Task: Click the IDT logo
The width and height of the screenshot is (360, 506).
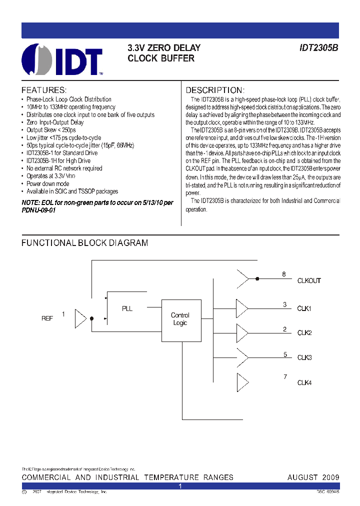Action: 62,59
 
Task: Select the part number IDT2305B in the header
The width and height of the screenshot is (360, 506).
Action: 318,48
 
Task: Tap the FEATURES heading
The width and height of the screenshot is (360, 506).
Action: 43,90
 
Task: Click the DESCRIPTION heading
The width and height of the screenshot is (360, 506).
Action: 214,90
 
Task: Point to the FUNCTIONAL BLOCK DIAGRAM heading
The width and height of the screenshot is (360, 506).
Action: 84,243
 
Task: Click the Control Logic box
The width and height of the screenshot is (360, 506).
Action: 180,320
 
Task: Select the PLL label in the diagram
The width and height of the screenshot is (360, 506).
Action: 127,308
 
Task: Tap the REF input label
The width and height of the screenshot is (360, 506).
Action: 47,318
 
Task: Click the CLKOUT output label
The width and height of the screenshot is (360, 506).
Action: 309,281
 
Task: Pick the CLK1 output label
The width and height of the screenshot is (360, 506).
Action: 304,308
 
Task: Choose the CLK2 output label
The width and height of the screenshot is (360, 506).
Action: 304,333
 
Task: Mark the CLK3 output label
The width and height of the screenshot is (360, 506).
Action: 304,357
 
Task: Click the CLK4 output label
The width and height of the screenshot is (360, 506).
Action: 304,383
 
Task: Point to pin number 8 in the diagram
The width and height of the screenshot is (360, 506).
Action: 284,274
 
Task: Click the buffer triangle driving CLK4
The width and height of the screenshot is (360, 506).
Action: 241,382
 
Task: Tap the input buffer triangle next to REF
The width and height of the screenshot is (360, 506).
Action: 80,318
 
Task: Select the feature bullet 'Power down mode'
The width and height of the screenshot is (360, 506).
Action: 48,183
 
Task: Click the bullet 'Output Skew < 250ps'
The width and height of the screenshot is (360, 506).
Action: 51,130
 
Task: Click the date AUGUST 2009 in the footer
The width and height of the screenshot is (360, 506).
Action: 313,477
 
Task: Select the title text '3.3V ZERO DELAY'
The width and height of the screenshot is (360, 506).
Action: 164,48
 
